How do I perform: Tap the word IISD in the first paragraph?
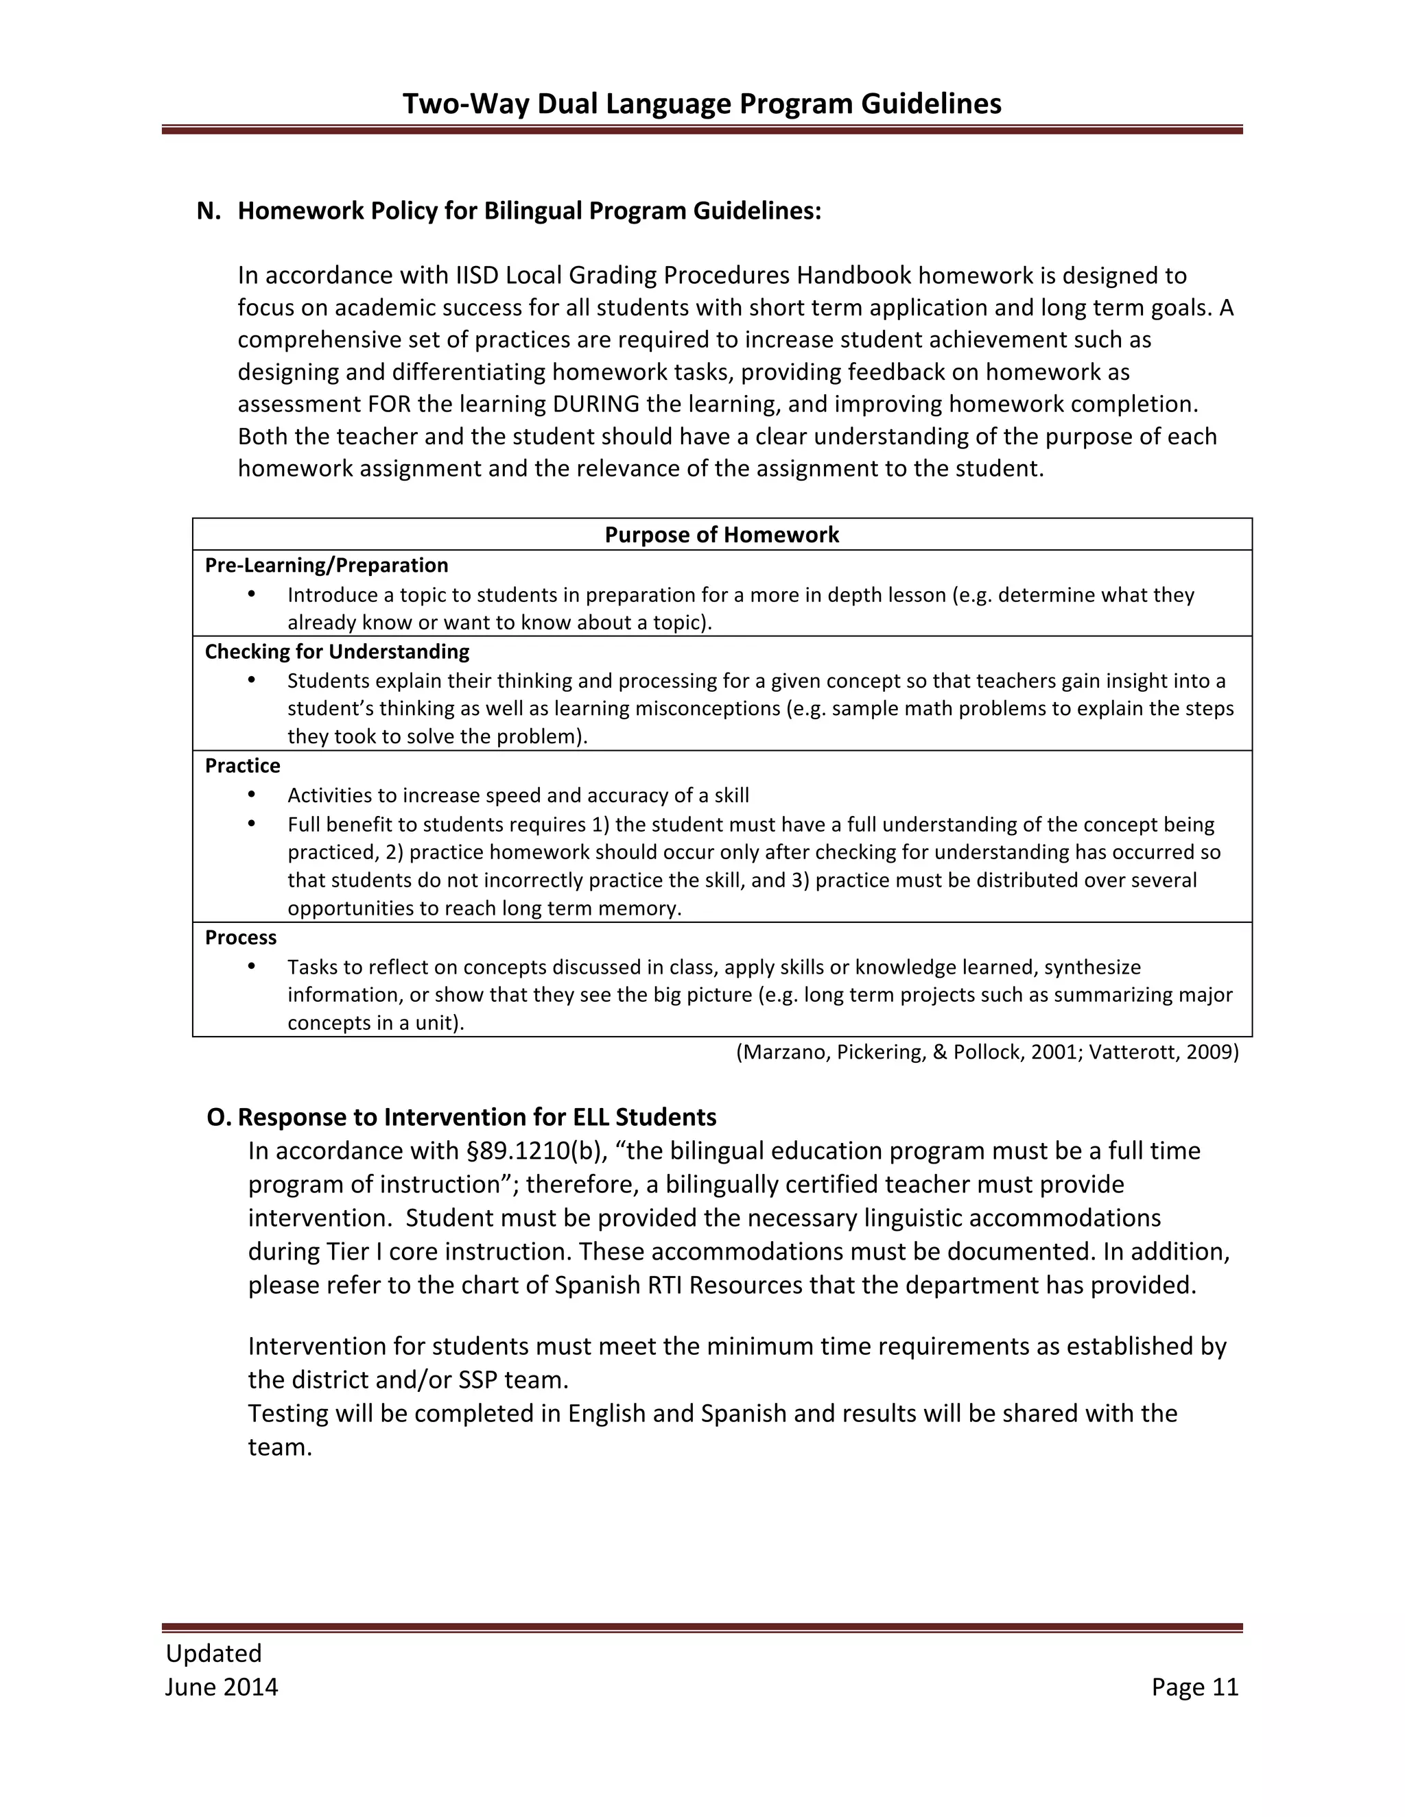[x=476, y=276]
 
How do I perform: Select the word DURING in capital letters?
[x=595, y=405]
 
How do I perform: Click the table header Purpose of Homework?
[x=722, y=534]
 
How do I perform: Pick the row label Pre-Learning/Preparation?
[x=327, y=565]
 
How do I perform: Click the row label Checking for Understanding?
[x=337, y=651]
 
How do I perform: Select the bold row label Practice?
[x=242, y=765]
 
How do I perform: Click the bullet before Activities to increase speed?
[x=251, y=795]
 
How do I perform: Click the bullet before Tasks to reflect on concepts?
[x=251, y=966]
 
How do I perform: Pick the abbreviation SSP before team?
[x=477, y=1380]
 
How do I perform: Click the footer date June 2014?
[x=222, y=1687]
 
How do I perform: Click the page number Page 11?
[x=1194, y=1687]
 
